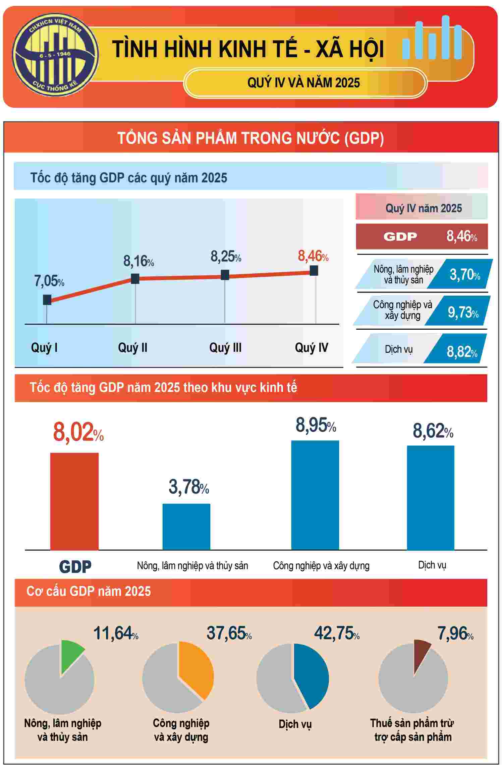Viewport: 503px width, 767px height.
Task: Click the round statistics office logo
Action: (x=56, y=55)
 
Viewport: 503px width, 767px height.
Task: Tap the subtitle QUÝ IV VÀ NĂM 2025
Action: (x=303, y=83)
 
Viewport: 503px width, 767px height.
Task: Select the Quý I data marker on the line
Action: (x=47, y=299)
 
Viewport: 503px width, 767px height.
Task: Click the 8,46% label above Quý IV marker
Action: (x=313, y=257)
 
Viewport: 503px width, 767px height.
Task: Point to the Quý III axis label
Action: (x=225, y=347)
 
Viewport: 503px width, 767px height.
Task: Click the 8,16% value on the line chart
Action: (x=138, y=261)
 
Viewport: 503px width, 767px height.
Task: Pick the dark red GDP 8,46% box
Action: (x=422, y=237)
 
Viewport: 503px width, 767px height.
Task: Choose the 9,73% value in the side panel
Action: (x=463, y=313)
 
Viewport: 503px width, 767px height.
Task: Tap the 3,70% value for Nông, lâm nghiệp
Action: (x=464, y=275)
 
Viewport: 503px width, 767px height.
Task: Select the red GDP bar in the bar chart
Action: (x=74, y=501)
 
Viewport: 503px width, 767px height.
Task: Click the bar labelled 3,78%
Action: (x=186, y=526)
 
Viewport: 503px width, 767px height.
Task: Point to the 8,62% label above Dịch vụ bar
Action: (x=433, y=431)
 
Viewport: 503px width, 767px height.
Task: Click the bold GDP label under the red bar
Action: (x=75, y=566)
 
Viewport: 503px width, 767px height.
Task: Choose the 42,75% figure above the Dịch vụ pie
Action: (x=336, y=633)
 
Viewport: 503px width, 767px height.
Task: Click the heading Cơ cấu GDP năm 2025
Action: (x=89, y=591)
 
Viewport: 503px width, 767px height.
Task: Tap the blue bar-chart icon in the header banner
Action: (x=432, y=39)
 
